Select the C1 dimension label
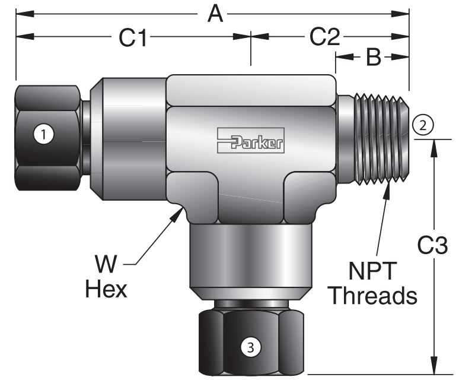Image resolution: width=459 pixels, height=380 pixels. [x=133, y=37]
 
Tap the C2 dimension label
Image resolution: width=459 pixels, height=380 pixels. [x=324, y=37]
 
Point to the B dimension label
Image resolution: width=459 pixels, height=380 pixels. [x=372, y=58]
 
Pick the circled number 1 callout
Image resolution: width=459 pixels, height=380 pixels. [x=43, y=134]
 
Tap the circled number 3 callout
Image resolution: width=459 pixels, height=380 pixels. [x=250, y=348]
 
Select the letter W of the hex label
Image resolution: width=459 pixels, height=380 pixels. [x=109, y=262]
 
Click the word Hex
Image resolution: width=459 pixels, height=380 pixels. [x=106, y=289]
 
